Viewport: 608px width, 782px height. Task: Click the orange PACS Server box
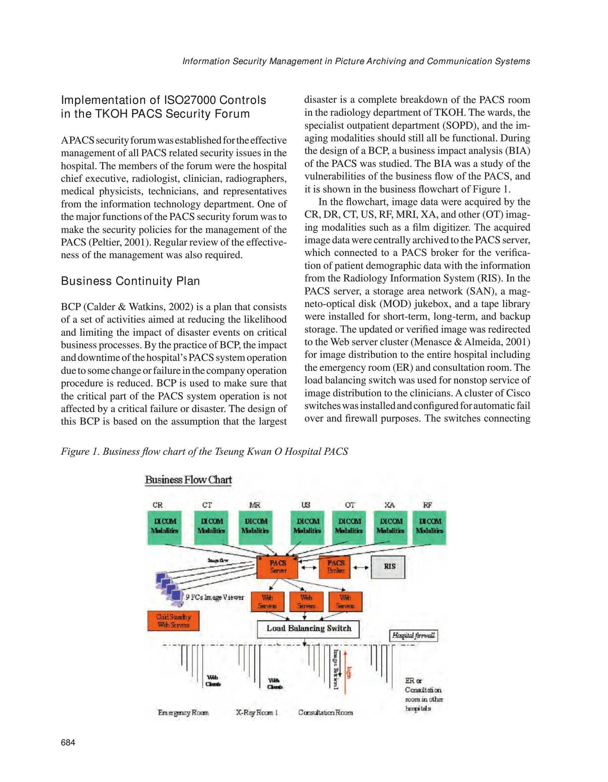(x=278, y=567)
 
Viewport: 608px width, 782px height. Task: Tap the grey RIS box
(x=388, y=567)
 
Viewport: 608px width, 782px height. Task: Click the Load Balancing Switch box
(x=308, y=629)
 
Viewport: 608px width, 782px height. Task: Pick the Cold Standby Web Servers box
(x=173, y=621)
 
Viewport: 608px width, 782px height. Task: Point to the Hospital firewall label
(x=414, y=636)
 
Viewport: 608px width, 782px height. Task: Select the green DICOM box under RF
(x=429, y=527)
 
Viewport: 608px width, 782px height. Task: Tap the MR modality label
(x=255, y=505)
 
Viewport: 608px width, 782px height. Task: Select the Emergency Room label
(x=183, y=713)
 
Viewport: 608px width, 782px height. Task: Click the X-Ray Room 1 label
(x=257, y=713)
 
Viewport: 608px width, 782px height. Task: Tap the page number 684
(x=68, y=743)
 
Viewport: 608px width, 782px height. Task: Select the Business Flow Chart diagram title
(x=188, y=480)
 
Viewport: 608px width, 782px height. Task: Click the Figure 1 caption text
(x=204, y=452)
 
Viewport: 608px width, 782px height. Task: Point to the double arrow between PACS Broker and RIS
(x=361, y=567)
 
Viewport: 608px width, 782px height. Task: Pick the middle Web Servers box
(x=306, y=602)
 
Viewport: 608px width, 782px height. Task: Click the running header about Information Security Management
(x=356, y=61)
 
